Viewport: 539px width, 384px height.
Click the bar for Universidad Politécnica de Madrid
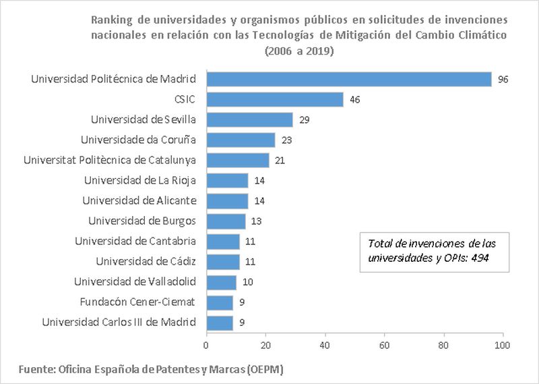click(x=348, y=79)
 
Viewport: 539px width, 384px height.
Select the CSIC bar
click(x=274, y=99)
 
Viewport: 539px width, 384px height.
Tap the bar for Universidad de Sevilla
click(x=249, y=119)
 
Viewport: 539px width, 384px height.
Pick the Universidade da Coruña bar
click(x=241, y=140)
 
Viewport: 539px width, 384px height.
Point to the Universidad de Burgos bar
click(x=226, y=221)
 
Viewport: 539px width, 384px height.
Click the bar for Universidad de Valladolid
click(x=221, y=281)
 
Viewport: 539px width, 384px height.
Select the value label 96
click(x=503, y=80)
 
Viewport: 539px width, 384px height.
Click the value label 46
click(x=354, y=100)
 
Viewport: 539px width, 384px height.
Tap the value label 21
click(x=280, y=161)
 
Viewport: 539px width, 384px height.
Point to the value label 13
click(x=256, y=221)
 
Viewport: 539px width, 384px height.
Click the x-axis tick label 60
click(x=385, y=346)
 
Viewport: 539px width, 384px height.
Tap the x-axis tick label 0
click(x=206, y=346)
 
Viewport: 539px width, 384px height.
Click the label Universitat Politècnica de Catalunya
click(x=109, y=160)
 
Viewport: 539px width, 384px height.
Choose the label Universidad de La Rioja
click(x=139, y=180)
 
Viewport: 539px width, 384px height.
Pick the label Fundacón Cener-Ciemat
click(x=137, y=302)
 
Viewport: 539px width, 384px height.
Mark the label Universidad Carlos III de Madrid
click(x=119, y=322)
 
